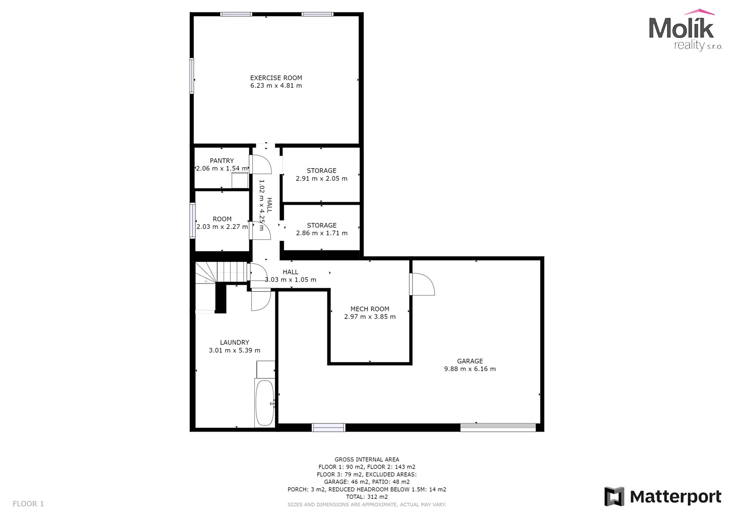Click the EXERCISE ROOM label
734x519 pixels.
(276, 78)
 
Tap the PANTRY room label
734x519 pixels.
(222, 161)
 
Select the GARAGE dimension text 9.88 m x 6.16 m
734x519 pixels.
(470, 369)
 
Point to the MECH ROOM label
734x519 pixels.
(370, 309)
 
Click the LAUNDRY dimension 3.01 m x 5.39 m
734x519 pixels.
(235, 350)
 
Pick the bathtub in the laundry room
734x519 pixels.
(265, 403)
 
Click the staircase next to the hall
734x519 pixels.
(221, 272)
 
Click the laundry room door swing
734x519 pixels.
(261, 299)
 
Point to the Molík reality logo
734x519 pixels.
(685, 30)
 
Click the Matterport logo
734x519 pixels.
(662, 497)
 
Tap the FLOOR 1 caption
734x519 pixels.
(28, 504)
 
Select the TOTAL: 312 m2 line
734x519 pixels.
(367, 497)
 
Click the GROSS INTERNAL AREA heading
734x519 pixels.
(367, 459)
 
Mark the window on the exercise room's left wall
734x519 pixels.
(192, 76)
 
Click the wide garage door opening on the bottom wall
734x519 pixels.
(498, 427)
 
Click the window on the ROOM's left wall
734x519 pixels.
(193, 221)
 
